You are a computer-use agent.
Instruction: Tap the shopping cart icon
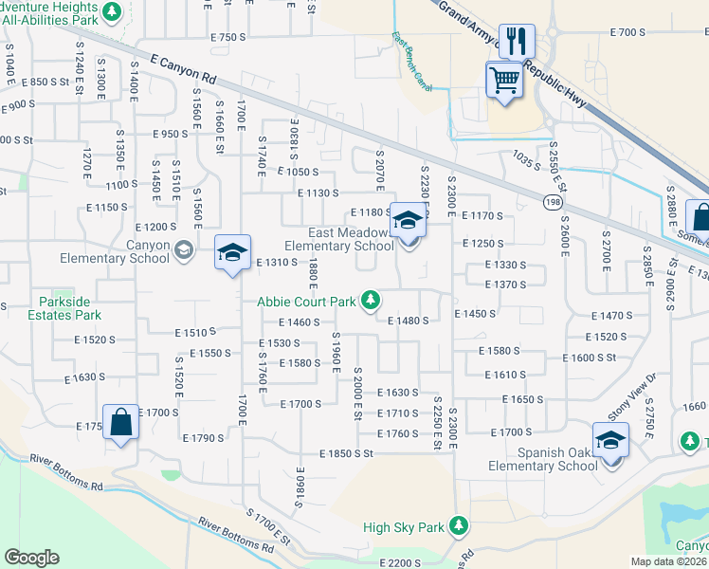point(504,79)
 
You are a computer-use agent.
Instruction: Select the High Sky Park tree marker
point(459,525)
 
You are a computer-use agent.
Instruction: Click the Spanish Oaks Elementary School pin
point(610,440)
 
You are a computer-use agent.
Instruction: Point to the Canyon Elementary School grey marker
point(184,250)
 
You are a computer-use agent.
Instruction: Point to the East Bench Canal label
point(411,63)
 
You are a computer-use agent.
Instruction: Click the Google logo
point(31,558)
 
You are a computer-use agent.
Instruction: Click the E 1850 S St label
point(346,454)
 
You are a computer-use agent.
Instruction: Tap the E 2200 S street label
point(396,563)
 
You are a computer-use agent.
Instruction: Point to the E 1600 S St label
point(589,358)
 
